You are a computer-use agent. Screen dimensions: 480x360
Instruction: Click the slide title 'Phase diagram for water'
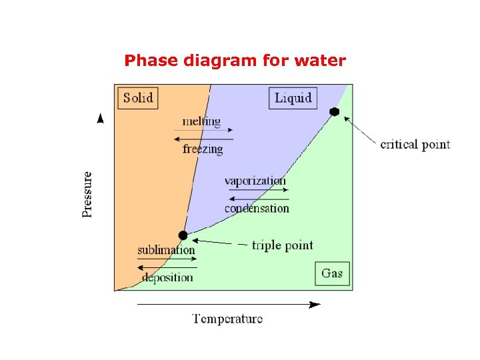(235, 61)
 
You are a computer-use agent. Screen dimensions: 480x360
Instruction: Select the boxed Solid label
(138, 98)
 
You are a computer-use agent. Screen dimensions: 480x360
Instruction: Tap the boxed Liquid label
(293, 98)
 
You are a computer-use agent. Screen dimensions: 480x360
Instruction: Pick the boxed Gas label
(332, 273)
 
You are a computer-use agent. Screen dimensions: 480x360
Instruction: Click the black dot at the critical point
(335, 112)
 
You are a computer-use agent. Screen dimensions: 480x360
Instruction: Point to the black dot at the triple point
(183, 235)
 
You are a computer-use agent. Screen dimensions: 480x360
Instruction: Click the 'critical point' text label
(415, 144)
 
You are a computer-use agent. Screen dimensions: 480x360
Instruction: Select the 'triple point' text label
(282, 245)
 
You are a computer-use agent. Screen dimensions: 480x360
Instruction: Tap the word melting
(201, 121)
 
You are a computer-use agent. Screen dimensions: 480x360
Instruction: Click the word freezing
(203, 149)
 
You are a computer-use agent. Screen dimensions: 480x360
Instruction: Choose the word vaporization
(255, 181)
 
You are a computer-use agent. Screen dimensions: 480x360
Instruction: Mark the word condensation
(257, 208)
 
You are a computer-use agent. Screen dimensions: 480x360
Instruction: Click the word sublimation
(166, 251)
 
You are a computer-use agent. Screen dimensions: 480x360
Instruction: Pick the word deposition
(167, 277)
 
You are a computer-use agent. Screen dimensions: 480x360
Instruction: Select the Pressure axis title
(87, 194)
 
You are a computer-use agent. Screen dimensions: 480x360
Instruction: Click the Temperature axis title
(228, 319)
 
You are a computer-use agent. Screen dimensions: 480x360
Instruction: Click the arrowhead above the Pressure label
(101, 119)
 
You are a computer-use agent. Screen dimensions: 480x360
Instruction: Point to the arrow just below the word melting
(203, 130)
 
